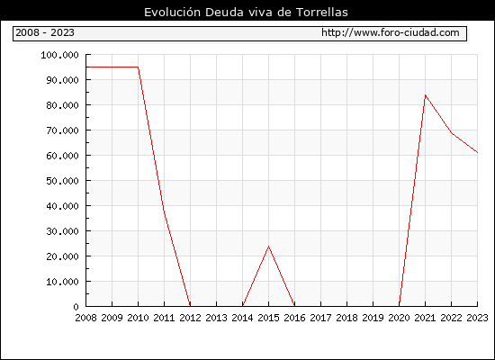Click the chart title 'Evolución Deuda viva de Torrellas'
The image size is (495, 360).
click(246, 13)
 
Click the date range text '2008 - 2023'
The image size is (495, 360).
click(45, 32)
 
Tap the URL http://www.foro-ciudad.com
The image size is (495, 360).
click(391, 32)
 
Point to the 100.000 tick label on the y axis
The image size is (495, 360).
click(59, 55)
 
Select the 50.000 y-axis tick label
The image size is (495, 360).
click(62, 181)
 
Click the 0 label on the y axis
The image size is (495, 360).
click(76, 307)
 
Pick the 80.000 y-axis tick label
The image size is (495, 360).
click(62, 105)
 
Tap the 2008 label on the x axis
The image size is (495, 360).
click(85, 318)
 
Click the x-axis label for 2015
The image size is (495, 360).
click(269, 318)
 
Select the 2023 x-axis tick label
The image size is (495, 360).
click(477, 318)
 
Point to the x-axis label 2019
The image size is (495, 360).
click(373, 318)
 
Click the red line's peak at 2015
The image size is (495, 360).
click(269, 247)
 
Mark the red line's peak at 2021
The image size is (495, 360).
click(425, 95)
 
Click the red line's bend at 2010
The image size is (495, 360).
click(139, 67)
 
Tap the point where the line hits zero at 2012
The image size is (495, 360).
click(190, 306)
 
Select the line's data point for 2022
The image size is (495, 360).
click(452, 133)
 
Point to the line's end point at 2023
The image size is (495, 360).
click(477, 152)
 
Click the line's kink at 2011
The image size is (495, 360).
click(164, 211)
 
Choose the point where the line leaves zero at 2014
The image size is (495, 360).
click(242, 306)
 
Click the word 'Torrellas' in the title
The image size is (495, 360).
click(322, 13)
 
